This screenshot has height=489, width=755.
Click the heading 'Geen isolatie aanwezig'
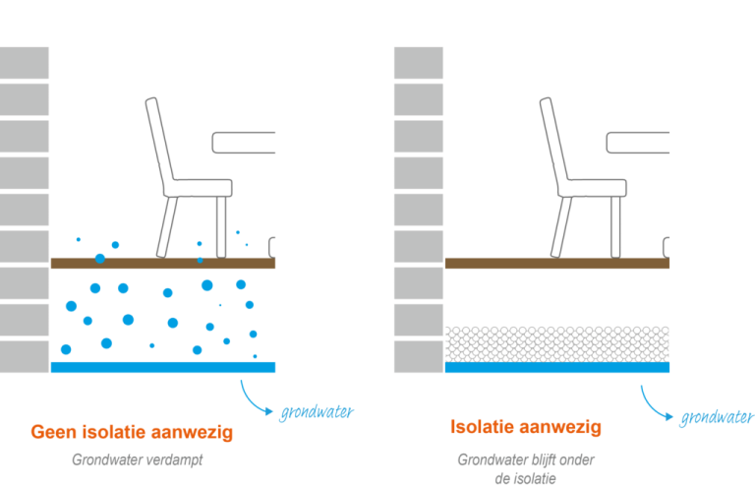(x=132, y=432)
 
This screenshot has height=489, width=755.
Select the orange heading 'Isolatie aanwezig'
(x=526, y=427)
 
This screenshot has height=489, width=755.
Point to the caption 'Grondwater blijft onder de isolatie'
(x=526, y=468)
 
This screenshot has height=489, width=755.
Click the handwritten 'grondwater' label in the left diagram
(x=317, y=411)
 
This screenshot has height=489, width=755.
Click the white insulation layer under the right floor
(x=556, y=343)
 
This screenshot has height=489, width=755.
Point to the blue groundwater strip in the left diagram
(x=162, y=367)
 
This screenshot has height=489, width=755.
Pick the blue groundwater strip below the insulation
(x=556, y=368)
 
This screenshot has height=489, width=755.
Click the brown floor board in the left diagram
(x=162, y=263)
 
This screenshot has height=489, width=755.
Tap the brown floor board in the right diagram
(x=556, y=263)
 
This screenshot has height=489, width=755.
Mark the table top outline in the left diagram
(x=242, y=143)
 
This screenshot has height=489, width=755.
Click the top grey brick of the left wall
(x=25, y=63)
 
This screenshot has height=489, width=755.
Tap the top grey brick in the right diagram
(x=419, y=63)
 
